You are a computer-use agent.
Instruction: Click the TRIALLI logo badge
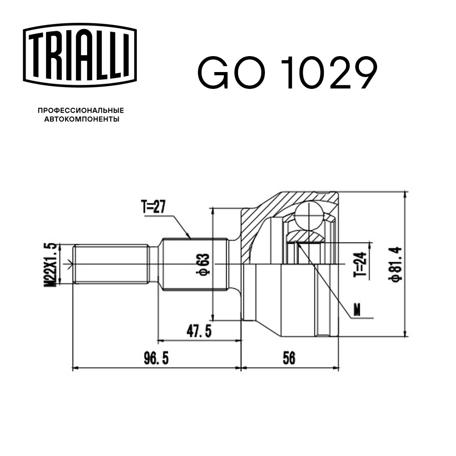[x=80, y=55]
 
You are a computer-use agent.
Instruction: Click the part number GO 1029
[x=287, y=73]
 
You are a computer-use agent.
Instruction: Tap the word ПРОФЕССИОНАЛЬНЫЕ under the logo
[x=81, y=110]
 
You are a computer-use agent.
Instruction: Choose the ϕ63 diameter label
[x=204, y=264]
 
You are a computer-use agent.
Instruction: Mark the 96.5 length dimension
[x=156, y=359]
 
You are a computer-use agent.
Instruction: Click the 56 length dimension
[x=289, y=359]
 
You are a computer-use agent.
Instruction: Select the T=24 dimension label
[x=360, y=264]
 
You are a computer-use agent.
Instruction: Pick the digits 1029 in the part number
[x=331, y=73]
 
